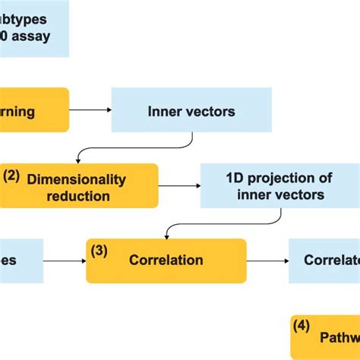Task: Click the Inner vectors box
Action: tap(191, 111)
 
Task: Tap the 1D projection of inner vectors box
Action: tap(279, 186)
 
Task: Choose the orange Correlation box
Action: tap(166, 261)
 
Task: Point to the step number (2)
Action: tap(11, 175)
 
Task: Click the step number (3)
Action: tap(99, 248)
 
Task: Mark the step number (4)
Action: tap(302, 326)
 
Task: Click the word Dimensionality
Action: tap(77, 179)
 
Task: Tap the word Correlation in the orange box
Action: tap(166, 261)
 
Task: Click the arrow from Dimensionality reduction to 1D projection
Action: tap(179, 186)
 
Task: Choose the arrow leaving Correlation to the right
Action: tap(267, 261)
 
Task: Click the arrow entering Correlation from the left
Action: tap(65, 261)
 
